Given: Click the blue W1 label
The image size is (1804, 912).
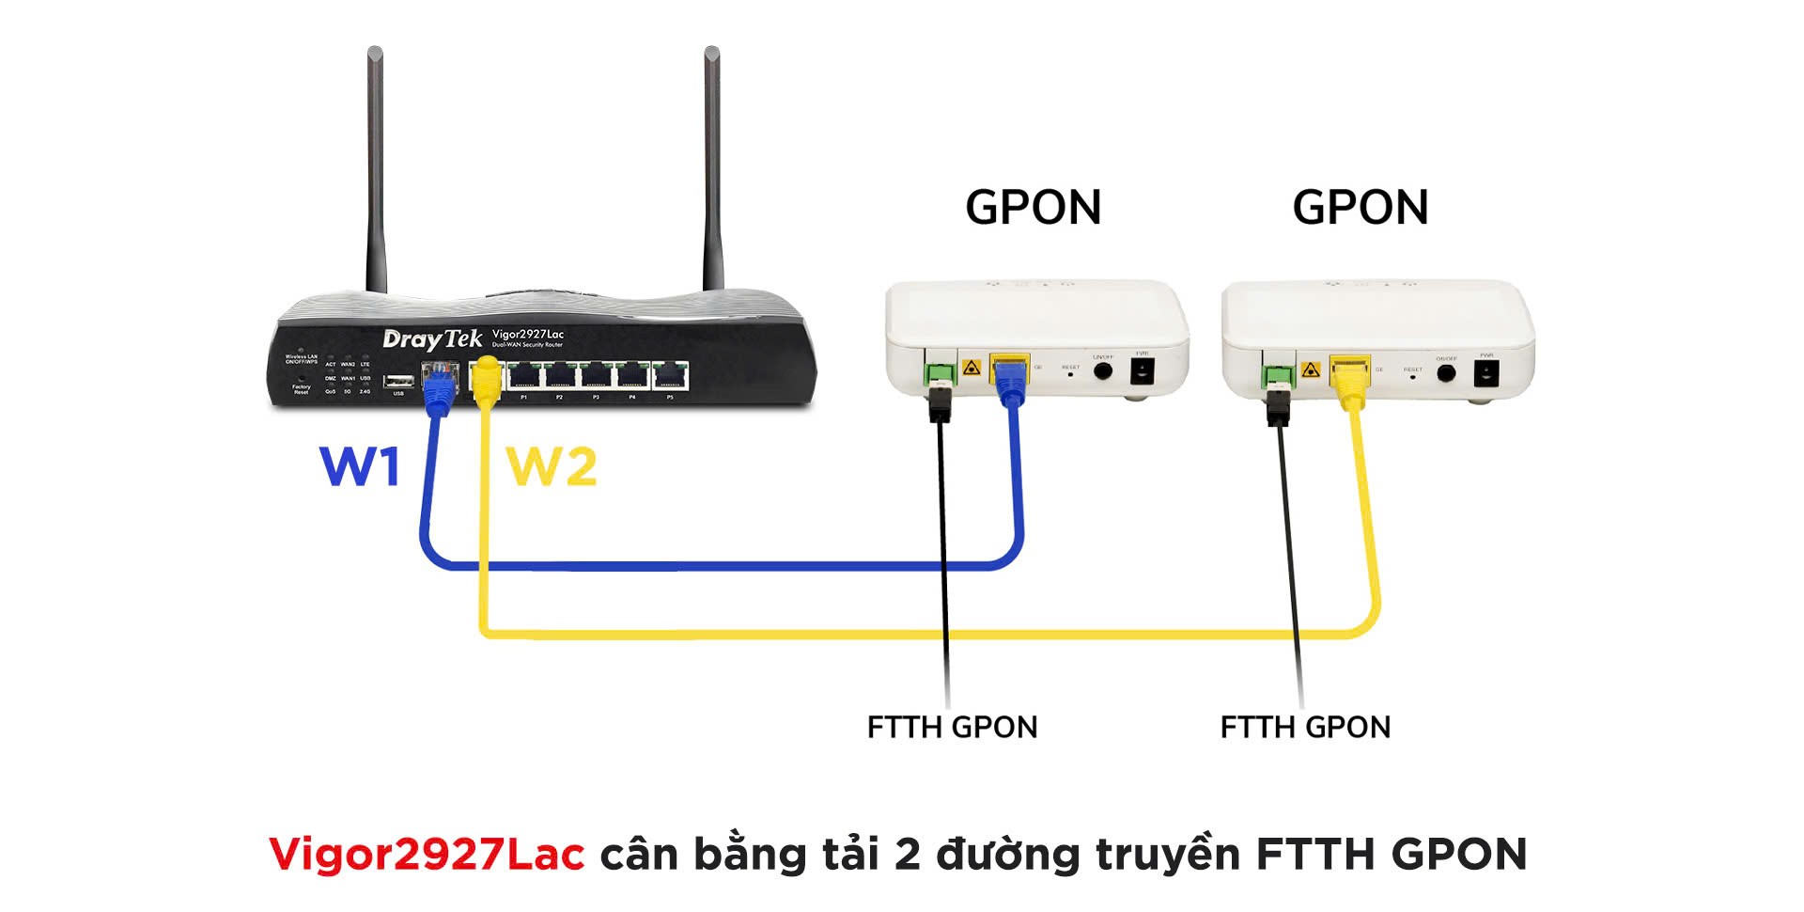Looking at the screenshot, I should click(360, 465).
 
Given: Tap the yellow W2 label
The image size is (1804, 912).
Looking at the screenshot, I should click(552, 466).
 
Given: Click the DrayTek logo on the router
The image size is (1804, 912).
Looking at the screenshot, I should click(431, 338).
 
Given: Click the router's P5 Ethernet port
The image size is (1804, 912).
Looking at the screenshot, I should click(670, 376).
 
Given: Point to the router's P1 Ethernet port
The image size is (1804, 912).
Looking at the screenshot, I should click(523, 376).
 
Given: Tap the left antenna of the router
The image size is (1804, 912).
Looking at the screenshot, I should click(376, 169).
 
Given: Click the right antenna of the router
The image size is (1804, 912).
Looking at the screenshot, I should click(712, 169).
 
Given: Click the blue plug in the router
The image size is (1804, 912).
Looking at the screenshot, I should click(436, 387).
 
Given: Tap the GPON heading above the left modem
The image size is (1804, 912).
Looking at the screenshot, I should click(1033, 208).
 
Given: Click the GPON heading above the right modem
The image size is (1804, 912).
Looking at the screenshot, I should click(1360, 208).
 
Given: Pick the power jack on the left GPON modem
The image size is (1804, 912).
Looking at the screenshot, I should click(1142, 370).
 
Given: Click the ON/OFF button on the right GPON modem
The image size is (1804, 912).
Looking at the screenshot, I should click(1446, 372).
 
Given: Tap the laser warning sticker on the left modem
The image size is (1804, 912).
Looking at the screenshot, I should click(972, 368).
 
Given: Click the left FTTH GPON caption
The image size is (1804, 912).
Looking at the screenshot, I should click(952, 727).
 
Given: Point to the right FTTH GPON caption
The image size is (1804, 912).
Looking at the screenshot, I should click(1305, 727).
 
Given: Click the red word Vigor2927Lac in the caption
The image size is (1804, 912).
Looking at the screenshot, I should click(427, 854).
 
